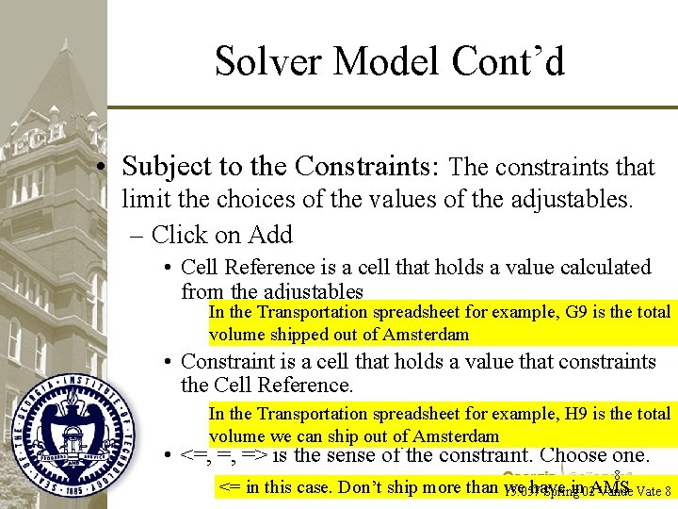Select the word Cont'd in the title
click(x=508, y=61)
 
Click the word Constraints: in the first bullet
click(x=366, y=167)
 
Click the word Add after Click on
click(x=271, y=234)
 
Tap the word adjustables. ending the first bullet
click(x=580, y=200)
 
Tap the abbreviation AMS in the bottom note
click(x=609, y=486)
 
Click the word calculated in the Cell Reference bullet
click(x=603, y=268)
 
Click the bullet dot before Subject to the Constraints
click(x=112, y=168)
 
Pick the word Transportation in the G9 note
click(x=312, y=312)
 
